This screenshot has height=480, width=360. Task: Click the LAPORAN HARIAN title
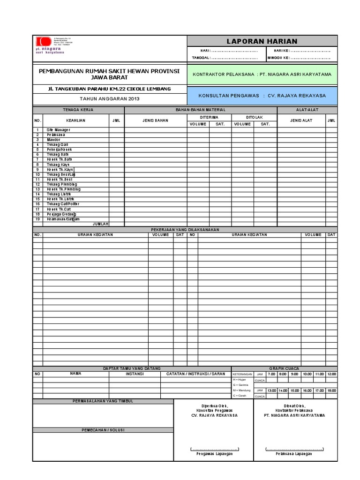(x=262, y=41)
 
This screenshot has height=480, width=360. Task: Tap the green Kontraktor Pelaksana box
(x=262, y=74)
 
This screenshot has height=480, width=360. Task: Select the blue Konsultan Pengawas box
(x=262, y=95)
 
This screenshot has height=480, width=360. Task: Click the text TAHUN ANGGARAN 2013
(x=110, y=99)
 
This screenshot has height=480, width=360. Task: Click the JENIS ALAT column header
(x=301, y=120)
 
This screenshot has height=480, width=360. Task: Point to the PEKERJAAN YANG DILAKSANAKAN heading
(x=185, y=230)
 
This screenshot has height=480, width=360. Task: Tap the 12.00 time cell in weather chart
(x=331, y=374)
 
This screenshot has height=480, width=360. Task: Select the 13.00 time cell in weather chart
(x=271, y=390)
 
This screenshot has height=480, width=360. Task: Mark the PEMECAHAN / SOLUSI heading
(x=103, y=430)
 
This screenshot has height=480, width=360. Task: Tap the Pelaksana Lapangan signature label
(x=293, y=454)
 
